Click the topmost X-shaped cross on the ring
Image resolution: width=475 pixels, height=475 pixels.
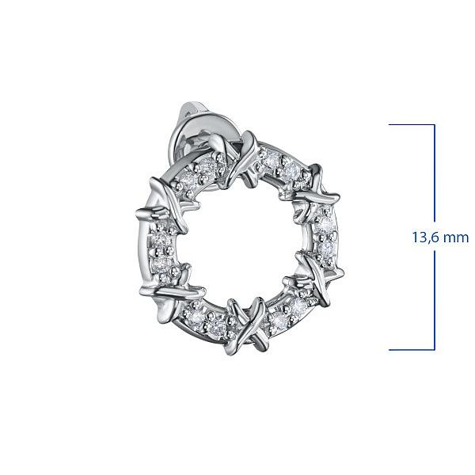pos(242,158)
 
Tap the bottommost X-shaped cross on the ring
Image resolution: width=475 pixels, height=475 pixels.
pos(246,326)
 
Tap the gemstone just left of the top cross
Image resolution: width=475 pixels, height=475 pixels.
pos(210,165)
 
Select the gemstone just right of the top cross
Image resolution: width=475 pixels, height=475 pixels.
pos(269,159)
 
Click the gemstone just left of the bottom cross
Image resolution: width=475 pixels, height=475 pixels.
pos(216,325)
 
